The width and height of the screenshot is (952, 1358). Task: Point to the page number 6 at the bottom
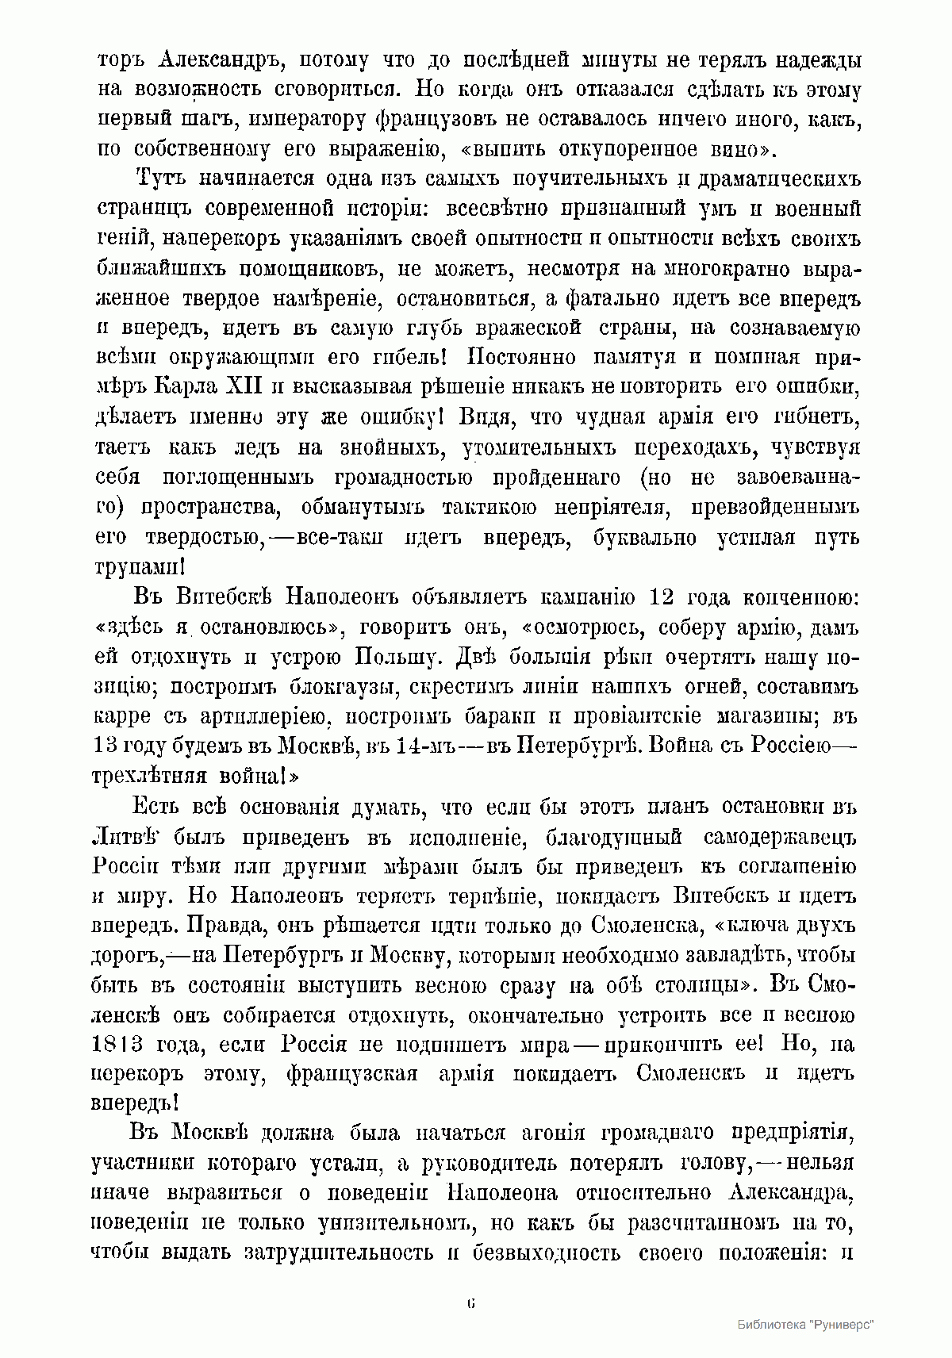tap(472, 1304)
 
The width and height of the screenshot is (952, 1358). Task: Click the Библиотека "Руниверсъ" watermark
tap(805, 1325)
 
